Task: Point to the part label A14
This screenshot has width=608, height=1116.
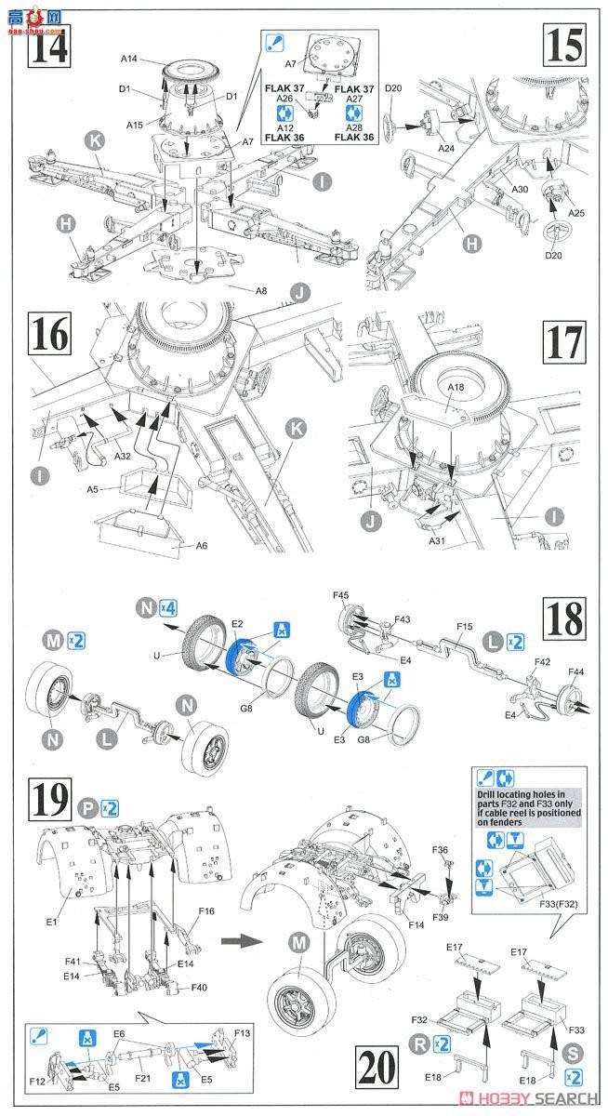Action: coord(128,59)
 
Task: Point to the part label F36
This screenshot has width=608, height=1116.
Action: coord(441,848)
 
